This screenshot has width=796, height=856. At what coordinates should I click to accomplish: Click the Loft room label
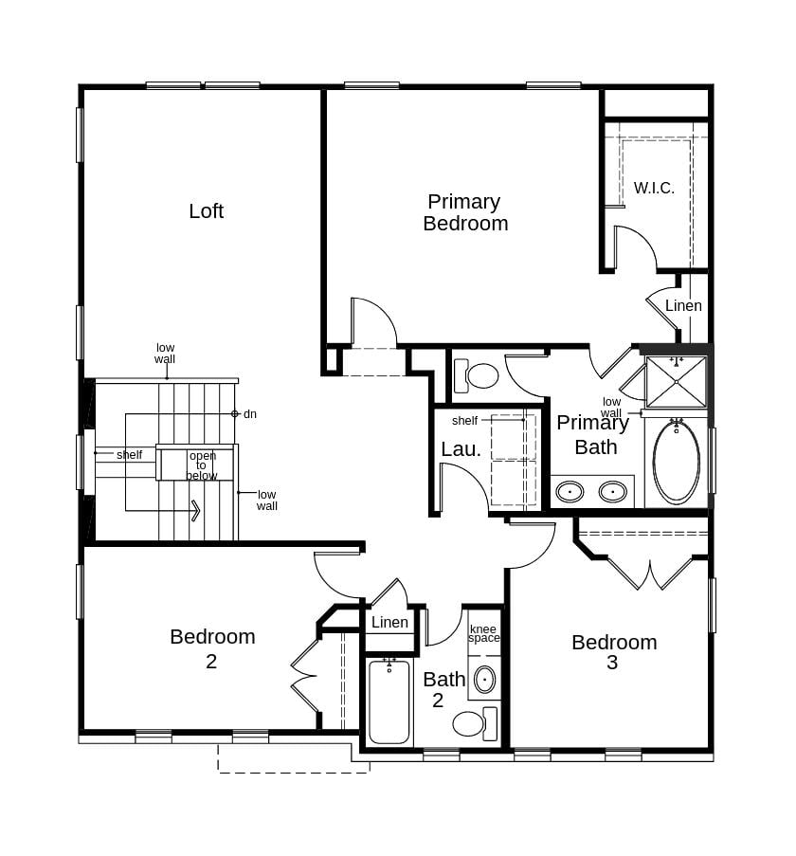click(206, 211)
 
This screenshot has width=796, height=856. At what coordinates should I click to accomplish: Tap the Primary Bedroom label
click(464, 212)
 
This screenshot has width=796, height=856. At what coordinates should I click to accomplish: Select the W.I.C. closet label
click(654, 188)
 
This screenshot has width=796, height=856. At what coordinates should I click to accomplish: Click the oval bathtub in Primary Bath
click(676, 462)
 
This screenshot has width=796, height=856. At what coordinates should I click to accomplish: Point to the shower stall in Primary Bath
click(676, 381)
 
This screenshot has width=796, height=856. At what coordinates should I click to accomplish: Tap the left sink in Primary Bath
click(569, 491)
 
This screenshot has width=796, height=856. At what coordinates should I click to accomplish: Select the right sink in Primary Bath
click(612, 491)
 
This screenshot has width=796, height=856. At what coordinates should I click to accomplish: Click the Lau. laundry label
click(461, 449)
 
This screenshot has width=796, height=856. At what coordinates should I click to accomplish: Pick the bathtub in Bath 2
click(389, 701)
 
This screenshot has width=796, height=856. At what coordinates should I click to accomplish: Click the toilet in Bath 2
click(473, 723)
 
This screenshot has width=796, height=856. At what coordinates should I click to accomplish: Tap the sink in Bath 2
click(484, 679)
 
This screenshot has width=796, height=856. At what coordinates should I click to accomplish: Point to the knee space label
click(483, 633)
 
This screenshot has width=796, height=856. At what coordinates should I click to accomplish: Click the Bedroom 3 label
click(613, 652)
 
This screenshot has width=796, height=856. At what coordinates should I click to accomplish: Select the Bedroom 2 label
click(212, 647)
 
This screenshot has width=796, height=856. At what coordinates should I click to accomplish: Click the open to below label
click(202, 465)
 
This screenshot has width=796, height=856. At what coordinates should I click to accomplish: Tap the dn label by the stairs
click(250, 414)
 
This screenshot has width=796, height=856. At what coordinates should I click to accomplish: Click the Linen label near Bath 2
click(389, 623)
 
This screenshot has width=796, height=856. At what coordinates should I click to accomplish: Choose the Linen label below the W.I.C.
click(683, 306)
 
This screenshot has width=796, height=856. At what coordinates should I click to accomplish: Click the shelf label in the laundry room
click(464, 420)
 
